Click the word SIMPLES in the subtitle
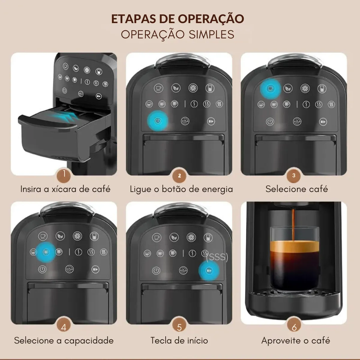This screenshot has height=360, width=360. pyautogui.click(x=211, y=34)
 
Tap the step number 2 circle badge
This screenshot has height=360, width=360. pyautogui.click(x=179, y=175)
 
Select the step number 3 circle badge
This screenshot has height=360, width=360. pyautogui.click(x=293, y=175)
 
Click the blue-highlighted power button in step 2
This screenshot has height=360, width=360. pyautogui.click(x=158, y=121)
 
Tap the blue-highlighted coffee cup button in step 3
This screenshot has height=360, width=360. pyautogui.click(x=270, y=88)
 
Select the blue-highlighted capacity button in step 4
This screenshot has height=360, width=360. pyautogui.click(x=46, y=252)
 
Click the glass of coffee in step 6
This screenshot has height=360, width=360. pyautogui.click(x=295, y=260)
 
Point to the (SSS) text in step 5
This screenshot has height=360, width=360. pyautogui.click(x=217, y=257)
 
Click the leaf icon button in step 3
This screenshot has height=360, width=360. pyautogui.click(x=288, y=88)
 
